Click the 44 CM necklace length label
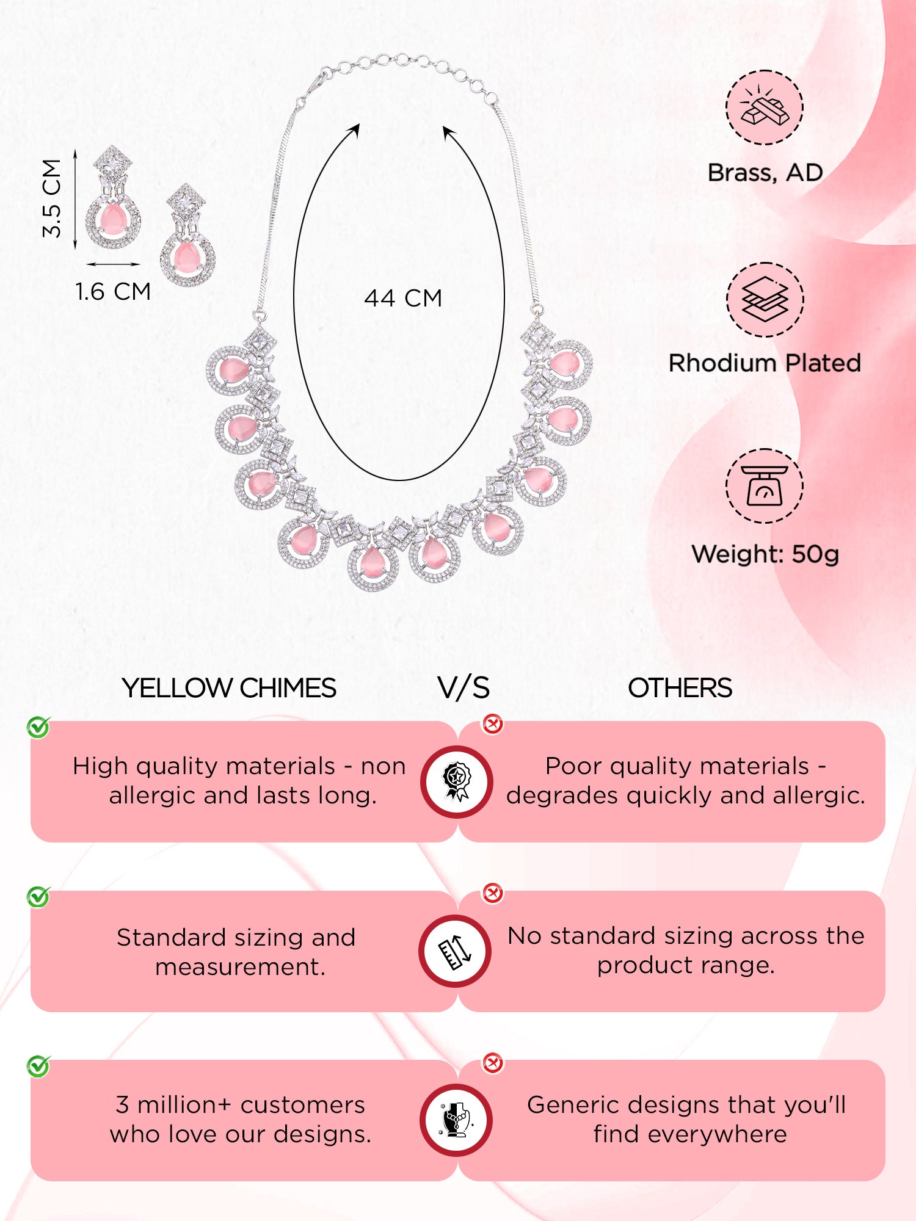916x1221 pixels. pos(403,298)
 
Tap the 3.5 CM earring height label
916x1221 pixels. pos(52,198)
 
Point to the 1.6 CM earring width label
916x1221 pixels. pos(113,291)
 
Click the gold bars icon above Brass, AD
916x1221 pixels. pos(765,107)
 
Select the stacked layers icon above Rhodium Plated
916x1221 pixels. pos(765,299)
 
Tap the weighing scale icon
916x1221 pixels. pos(765,486)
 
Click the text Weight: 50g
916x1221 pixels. pos(765,554)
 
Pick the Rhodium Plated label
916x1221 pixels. pos(765,363)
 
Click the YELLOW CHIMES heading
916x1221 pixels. pos(229,688)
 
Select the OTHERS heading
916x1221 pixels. pos(680,688)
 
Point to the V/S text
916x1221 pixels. pos(463,688)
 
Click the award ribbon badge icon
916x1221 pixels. pos(456,781)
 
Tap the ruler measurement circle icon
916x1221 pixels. pos(456,951)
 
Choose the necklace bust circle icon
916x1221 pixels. pos(456,1120)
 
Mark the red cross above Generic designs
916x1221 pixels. pos(492,1063)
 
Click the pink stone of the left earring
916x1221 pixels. pos(112,218)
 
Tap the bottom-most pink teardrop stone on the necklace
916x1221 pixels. pos(372,562)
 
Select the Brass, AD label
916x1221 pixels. pos(765,173)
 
